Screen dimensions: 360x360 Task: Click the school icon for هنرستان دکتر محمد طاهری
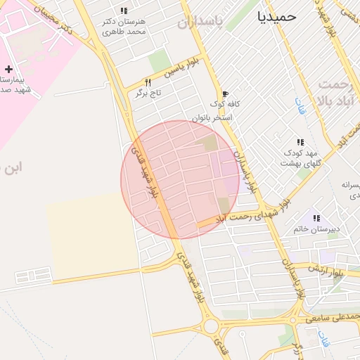click(x=124, y=11)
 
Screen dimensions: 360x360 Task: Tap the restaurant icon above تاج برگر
click(x=147, y=82)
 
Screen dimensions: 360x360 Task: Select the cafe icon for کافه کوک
click(x=225, y=94)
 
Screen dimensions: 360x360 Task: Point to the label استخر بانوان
click(x=212, y=117)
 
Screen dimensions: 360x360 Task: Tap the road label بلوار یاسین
click(x=177, y=69)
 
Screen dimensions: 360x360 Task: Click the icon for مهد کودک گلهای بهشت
click(x=301, y=142)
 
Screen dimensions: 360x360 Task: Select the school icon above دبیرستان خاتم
click(x=316, y=219)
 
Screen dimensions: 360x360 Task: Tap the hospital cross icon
click(x=8, y=69)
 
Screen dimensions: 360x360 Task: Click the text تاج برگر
click(x=148, y=92)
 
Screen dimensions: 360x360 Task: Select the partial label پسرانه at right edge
click(x=350, y=185)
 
